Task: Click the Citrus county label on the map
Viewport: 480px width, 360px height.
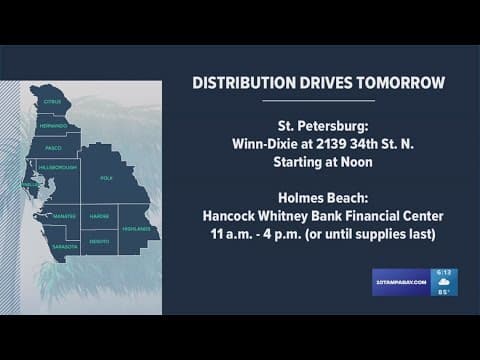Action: pos(53,102)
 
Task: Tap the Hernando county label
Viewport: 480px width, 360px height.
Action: pos(53,127)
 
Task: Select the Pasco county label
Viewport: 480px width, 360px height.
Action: pos(54,148)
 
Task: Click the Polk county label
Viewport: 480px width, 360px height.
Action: pos(106,178)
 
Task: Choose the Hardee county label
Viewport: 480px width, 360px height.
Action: pos(99,216)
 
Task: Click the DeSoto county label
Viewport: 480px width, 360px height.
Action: pos(99,241)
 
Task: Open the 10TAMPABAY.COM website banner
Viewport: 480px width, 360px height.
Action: pos(403,282)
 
